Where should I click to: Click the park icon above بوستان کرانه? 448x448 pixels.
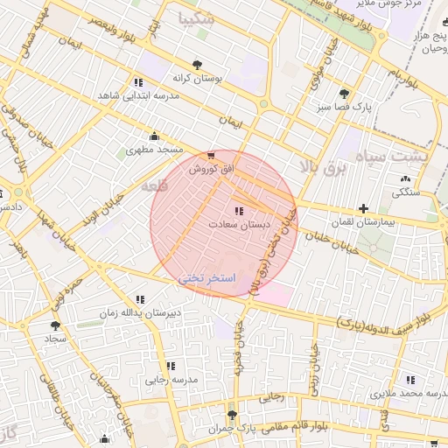click(x=196, y=64)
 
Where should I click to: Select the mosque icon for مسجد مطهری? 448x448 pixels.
click(x=155, y=136)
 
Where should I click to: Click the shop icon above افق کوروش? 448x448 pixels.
click(x=210, y=155)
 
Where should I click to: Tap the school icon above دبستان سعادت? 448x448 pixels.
click(x=239, y=211)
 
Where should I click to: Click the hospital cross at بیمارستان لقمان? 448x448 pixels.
click(x=363, y=208)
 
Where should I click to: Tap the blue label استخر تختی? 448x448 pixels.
click(x=208, y=276)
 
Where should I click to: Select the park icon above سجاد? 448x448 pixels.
click(x=55, y=325)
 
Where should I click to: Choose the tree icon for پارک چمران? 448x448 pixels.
click(x=232, y=414)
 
